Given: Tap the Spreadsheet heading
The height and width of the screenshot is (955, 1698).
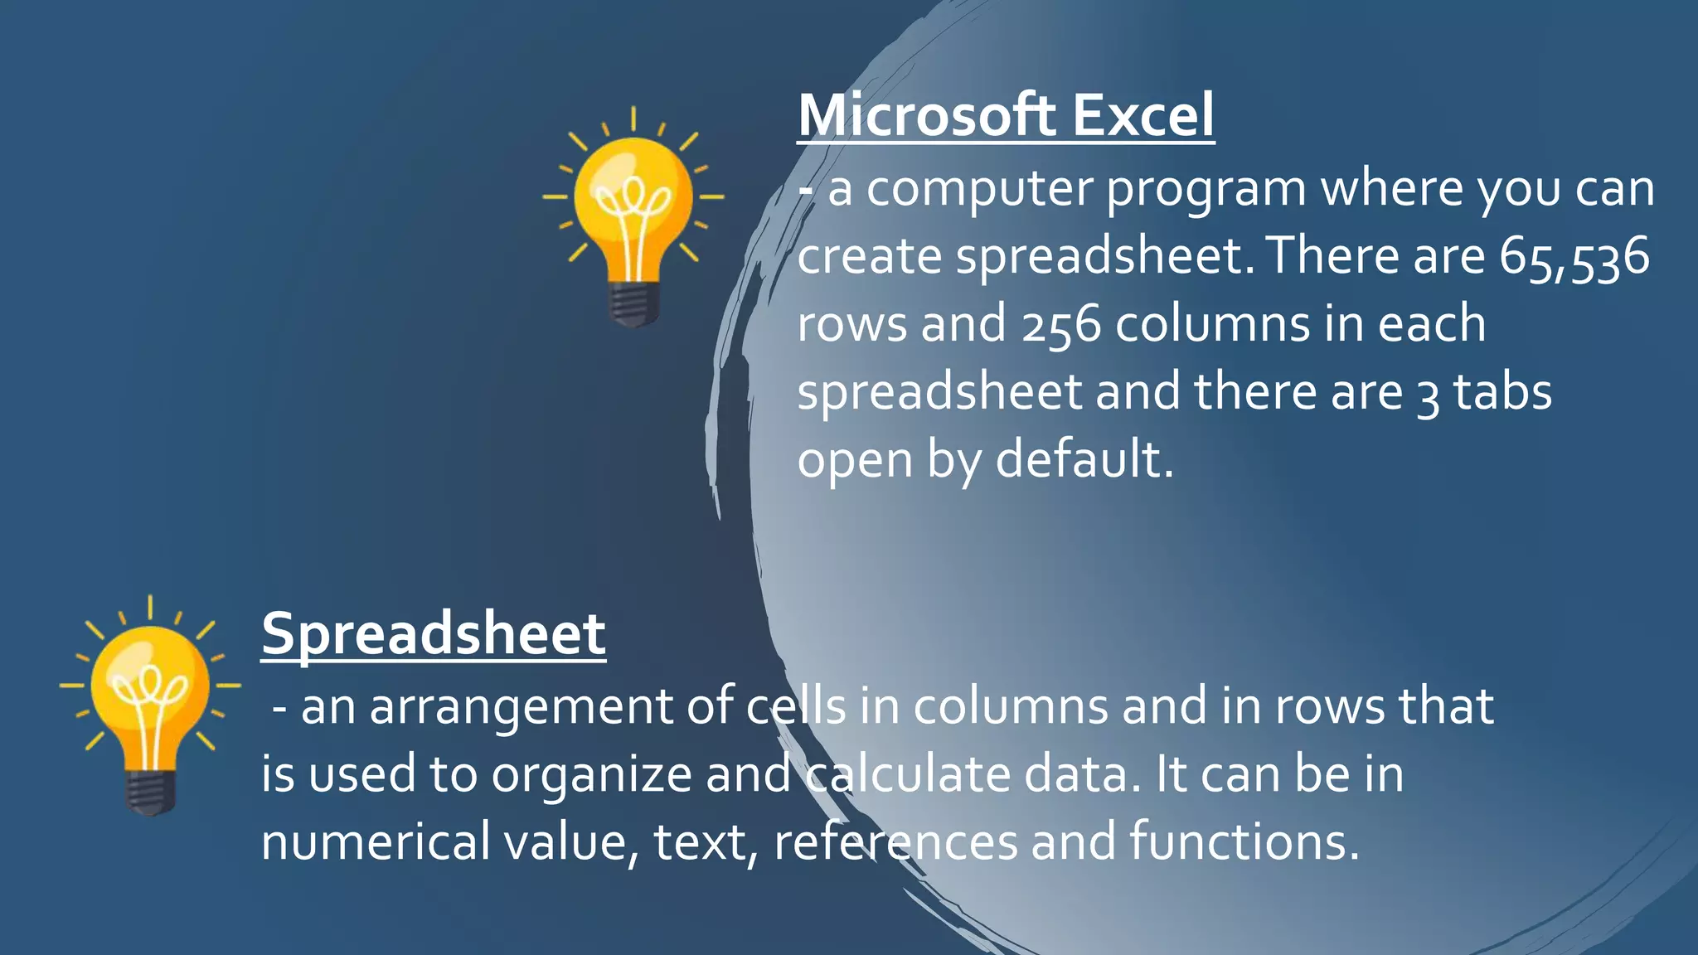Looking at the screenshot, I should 434,635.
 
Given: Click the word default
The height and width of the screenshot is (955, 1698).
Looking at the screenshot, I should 1084,459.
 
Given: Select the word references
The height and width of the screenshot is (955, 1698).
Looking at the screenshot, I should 895,842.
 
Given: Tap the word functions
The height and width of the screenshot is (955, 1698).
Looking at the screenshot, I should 1244,842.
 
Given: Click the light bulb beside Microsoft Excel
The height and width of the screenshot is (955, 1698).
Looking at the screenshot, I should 633,216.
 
